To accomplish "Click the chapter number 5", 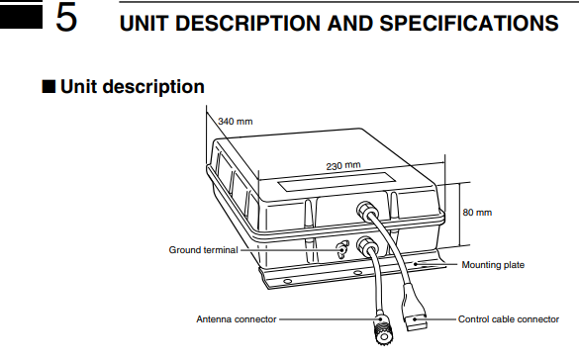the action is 66,18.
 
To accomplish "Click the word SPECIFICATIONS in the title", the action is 469,23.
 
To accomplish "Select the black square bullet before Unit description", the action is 48,87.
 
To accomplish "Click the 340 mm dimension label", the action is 236,122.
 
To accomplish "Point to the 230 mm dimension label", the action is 343,165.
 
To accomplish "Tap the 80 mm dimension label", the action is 477,213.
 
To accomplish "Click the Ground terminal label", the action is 203,250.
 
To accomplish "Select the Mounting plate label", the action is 493,265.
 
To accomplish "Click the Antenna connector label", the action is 237,319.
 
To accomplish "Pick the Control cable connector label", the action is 509,319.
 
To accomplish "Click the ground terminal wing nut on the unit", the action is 343,249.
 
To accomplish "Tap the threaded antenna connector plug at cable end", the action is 383,329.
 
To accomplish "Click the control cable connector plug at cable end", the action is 416,319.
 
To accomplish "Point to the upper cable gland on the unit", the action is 365,210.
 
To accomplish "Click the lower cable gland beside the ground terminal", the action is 364,245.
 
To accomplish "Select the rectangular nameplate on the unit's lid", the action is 337,181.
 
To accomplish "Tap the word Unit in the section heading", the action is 75,87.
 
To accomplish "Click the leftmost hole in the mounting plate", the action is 288,282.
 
